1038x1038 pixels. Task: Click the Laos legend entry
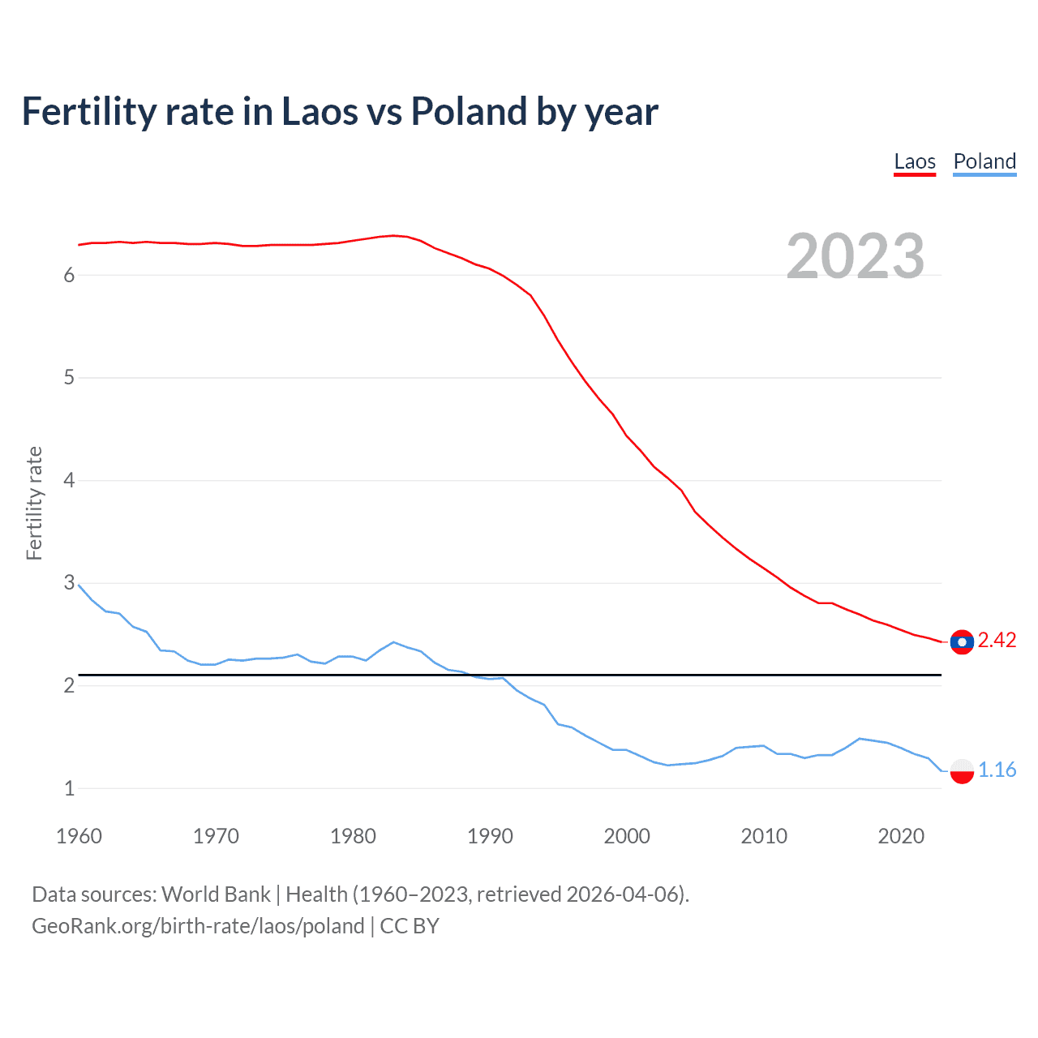pyautogui.click(x=915, y=161)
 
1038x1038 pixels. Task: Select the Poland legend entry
pyautogui.click(x=984, y=161)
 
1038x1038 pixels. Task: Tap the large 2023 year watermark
pyautogui.click(x=856, y=256)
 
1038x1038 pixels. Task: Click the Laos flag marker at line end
pyautogui.click(x=962, y=641)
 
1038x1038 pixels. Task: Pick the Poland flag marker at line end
pyautogui.click(x=962, y=770)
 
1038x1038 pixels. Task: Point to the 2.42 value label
pyautogui.click(x=997, y=641)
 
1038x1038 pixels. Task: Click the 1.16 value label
pyautogui.click(x=997, y=770)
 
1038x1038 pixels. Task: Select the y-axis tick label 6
pyautogui.click(x=69, y=276)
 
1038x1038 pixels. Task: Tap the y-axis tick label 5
pyautogui.click(x=69, y=378)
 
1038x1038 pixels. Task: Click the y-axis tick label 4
pyautogui.click(x=69, y=481)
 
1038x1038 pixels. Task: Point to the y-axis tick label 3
pyautogui.click(x=69, y=583)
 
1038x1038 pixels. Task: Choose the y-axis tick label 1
pyautogui.click(x=69, y=788)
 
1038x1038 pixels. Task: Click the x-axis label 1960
pyautogui.click(x=79, y=836)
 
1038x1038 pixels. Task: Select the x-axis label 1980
pyautogui.click(x=353, y=836)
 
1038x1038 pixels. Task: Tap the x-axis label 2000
pyautogui.click(x=627, y=836)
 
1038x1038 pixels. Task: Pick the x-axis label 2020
pyautogui.click(x=901, y=836)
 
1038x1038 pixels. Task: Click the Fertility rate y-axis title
pyautogui.click(x=34, y=503)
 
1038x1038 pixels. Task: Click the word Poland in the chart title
pyautogui.click(x=468, y=112)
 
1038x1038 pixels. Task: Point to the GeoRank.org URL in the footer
pyautogui.click(x=198, y=926)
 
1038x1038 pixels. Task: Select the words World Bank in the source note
pyautogui.click(x=216, y=894)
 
